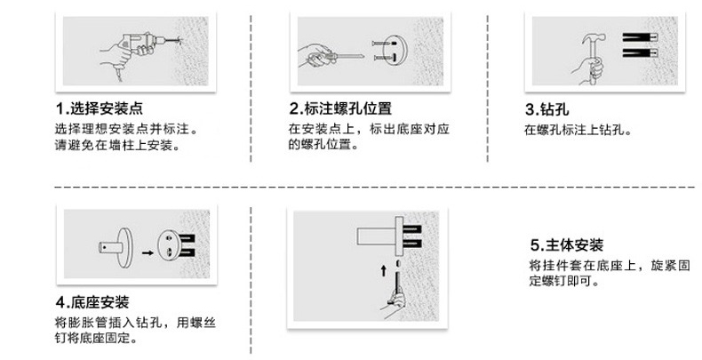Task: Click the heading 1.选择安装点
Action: pyautogui.click(x=99, y=108)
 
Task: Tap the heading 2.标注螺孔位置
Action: pyautogui.click(x=340, y=108)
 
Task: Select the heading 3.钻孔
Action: pyautogui.click(x=546, y=109)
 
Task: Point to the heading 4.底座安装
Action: pyautogui.click(x=92, y=302)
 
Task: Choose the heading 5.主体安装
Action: pyautogui.click(x=567, y=245)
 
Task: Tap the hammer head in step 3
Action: pyautogui.click(x=594, y=38)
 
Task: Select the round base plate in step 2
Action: pyautogui.click(x=395, y=52)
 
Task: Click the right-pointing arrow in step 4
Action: pyautogui.click(x=148, y=252)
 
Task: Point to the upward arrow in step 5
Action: pyautogui.click(x=383, y=270)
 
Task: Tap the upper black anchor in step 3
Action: pyautogui.click(x=640, y=37)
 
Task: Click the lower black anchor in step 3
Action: pyautogui.click(x=640, y=52)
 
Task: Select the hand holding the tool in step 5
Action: pyautogui.click(x=394, y=305)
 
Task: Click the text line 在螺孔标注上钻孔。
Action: pyautogui.click(x=578, y=131)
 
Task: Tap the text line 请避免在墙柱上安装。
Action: pyautogui.click(x=117, y=145)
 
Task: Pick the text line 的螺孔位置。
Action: pyautogui.click(x=323, y=145)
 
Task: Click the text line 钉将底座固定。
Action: pyautogui.click(x=95, y=338)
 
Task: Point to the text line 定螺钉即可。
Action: pyautogui.click(x=563, y=281)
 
